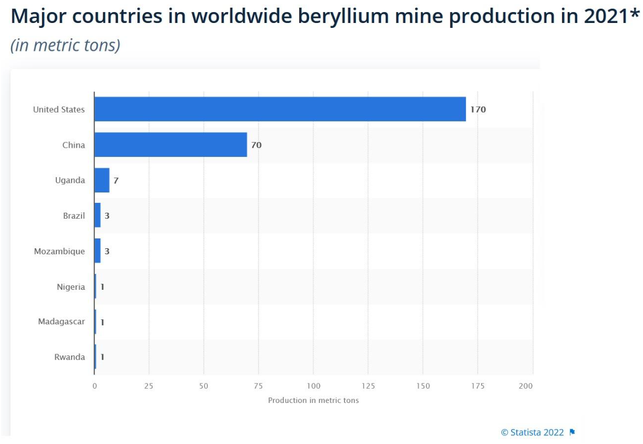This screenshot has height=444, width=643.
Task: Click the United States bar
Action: point(279,109)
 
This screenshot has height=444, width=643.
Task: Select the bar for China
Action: point(170,145)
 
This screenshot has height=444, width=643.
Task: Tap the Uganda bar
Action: point(102,180)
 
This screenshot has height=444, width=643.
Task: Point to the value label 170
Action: point(478,109)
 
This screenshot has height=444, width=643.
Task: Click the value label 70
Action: point(256,145)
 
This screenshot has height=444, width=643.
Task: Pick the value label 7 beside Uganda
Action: point(116,180)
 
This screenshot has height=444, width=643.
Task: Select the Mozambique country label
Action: point(60,252)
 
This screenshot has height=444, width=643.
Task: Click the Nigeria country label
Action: point(71,287)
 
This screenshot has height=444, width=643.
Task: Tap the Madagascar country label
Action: point(62,322)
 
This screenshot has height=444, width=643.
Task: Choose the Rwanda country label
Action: point(70,357)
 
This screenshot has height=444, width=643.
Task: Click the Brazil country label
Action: point(74,216)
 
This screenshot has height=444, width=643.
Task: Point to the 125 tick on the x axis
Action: point(368,386)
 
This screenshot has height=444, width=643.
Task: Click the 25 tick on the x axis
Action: point(149,386)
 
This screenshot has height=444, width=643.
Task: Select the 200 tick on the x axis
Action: point(525,386)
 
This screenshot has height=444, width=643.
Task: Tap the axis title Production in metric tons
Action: point(313,400)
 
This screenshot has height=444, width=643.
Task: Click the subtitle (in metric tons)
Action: point(66,45)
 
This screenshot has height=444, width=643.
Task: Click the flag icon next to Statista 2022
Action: point(572,433)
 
